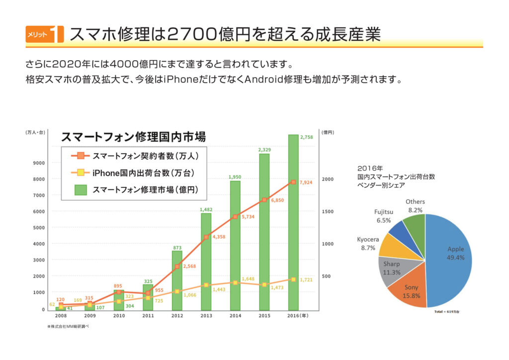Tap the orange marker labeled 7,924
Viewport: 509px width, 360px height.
point(293,182)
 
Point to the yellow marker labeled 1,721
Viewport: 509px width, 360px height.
point(293,279)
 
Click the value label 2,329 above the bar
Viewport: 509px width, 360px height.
point(264,149)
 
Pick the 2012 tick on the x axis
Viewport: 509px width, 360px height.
point(177,316)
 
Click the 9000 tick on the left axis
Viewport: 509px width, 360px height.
point(39,163)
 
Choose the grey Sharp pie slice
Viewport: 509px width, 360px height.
point(393,269)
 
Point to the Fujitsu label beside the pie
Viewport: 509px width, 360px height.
point(384,212)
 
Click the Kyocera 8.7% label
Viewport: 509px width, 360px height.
point(368,244)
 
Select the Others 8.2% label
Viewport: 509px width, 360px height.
point(415,206)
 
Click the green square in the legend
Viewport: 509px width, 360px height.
point(81,189)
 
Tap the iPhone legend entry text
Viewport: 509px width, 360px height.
point(142,173)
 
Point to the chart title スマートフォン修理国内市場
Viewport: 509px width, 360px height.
point(133,136)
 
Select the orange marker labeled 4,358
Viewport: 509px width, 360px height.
point(206,237)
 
